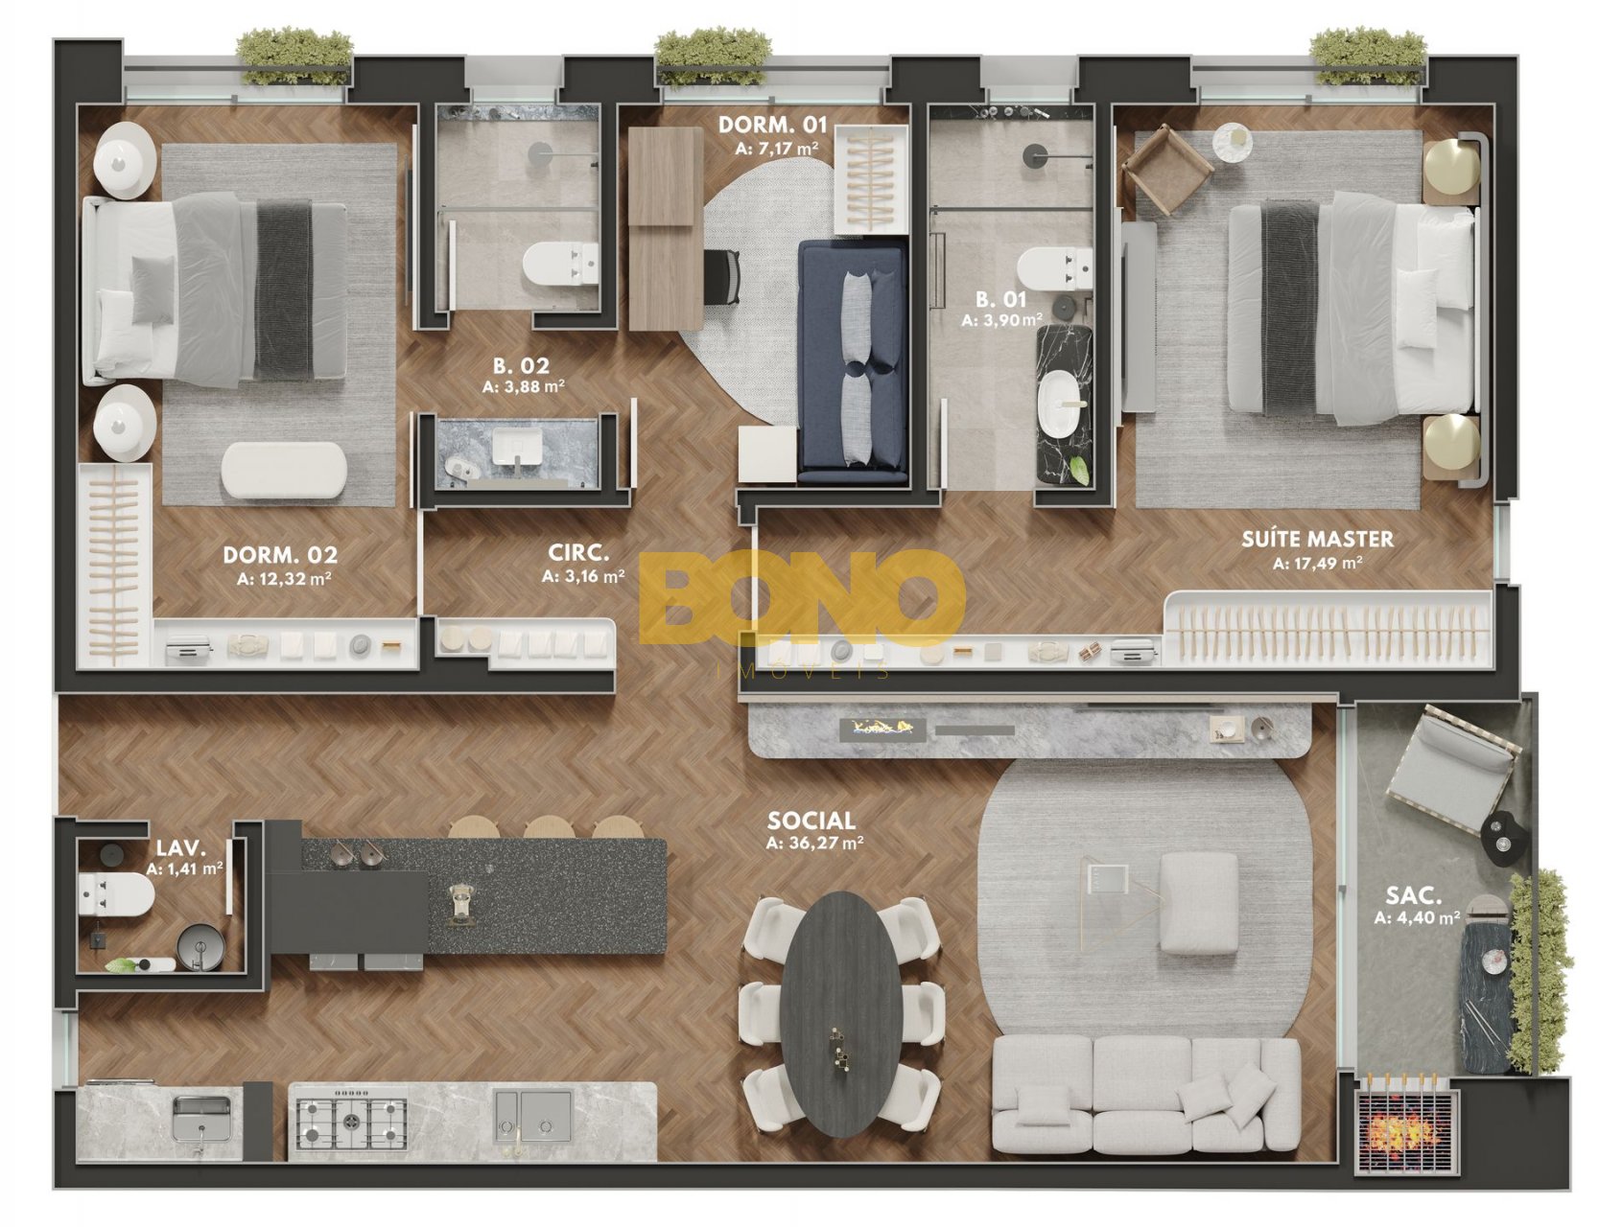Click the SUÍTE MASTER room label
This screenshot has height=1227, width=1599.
pos(1317,539)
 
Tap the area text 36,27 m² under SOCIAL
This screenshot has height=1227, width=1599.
pos(814,844)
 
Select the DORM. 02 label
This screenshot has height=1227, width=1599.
pos(280,555)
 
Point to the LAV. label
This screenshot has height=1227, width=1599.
pos(180,848)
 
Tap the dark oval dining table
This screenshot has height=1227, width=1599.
pos(841,1013)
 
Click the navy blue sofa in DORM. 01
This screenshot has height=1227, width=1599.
pos(853,361)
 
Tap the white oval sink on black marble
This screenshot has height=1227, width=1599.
pos(1063,405)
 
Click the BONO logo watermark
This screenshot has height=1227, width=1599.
pos(802,598)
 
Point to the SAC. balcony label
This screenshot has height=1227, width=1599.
pos(1414,896)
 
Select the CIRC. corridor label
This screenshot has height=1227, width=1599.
pos(578,553)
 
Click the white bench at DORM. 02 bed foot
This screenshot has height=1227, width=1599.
pos(284,470)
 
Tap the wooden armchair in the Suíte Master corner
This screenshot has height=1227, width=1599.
pos(1167,170)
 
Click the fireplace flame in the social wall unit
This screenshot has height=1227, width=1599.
pos(883,729)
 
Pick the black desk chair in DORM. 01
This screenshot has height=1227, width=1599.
pos(722,277)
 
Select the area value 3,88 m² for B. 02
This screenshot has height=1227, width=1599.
pos(523,387)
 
